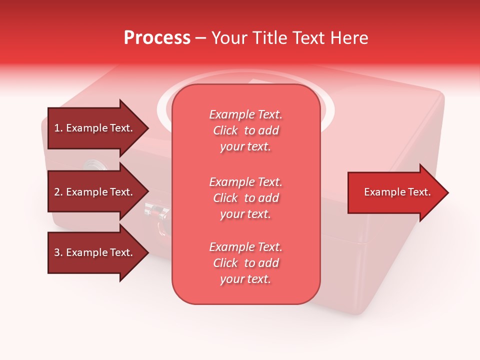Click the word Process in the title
(157, 38)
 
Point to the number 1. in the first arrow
(58, 128)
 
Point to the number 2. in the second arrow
(58, 192)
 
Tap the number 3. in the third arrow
(58, 252)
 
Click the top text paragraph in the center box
(245, 130)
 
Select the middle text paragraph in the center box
(245, 198)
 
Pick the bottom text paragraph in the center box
(245, 263)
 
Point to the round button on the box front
(93, 165)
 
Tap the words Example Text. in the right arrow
(397, 192)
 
